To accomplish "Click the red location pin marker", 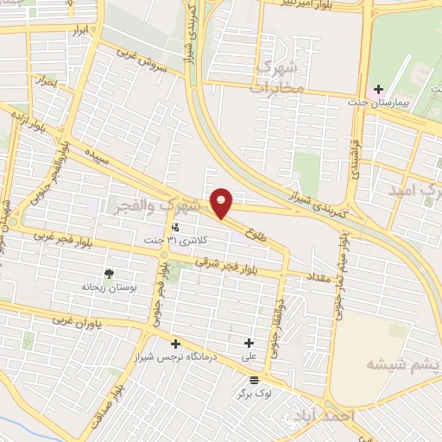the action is (222, 202).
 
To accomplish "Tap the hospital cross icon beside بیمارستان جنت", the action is (378, 89).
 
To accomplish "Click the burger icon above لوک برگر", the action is (253, 379).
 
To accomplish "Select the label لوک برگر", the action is (254, 393).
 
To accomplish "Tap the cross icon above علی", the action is (250, 343).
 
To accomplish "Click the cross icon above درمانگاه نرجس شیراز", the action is (176, 343).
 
